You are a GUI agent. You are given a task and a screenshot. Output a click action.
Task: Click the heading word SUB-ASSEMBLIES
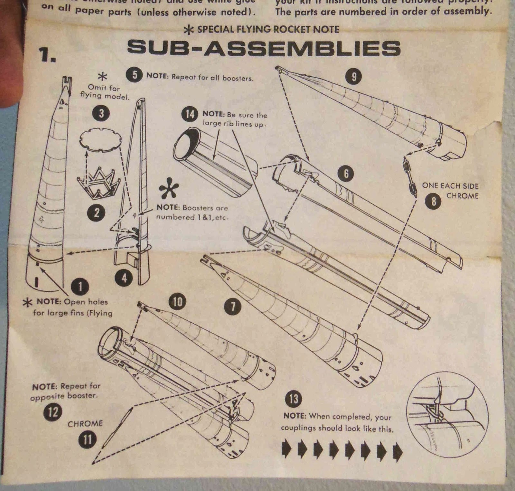[264, 48]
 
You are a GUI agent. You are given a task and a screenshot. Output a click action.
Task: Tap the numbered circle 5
[135, 75]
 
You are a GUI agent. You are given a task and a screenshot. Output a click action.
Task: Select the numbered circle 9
[354, 77]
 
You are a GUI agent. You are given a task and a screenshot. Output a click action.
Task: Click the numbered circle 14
[190, 114]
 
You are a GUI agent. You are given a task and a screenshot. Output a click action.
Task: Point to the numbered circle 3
[101, 114]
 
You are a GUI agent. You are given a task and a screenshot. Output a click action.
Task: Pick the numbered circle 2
[97, 213]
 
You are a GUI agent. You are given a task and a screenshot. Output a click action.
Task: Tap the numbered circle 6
[346, 174]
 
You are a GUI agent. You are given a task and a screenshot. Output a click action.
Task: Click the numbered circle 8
[434, 201]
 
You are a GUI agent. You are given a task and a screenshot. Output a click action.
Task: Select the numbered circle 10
[178, 302]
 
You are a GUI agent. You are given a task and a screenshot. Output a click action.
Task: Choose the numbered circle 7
[233, 306]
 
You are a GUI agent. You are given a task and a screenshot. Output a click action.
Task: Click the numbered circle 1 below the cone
[80, 286]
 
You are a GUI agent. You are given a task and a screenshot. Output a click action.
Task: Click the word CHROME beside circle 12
[85, 423]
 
